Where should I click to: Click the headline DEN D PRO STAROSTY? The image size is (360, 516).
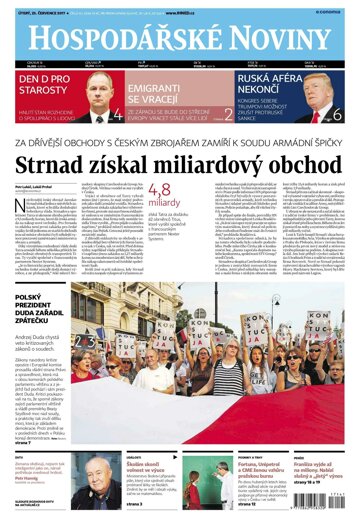pyautogui.click(x=46, y=85)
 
